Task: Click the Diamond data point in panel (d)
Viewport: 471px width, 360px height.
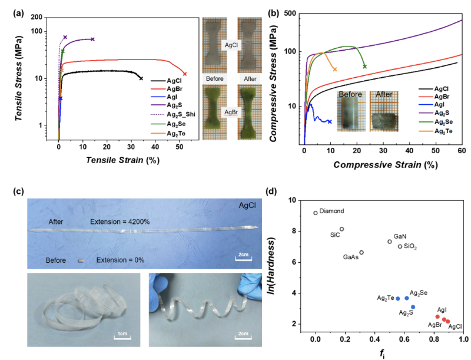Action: [x=316, y=213]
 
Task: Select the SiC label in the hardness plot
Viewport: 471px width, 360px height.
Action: [x=334, y=234]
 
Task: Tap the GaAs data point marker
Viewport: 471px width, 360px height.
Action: [x=361, y=252]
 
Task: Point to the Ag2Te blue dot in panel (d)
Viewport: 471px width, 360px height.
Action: [x=398, y=299]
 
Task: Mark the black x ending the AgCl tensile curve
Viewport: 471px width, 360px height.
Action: [x=141, y=78]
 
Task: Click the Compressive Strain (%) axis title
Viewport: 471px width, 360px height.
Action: [x=385, y=166]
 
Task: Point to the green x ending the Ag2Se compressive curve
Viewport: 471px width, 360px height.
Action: [x=365, y=66]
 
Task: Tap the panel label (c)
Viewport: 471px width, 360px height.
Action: [x=18, y=191]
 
